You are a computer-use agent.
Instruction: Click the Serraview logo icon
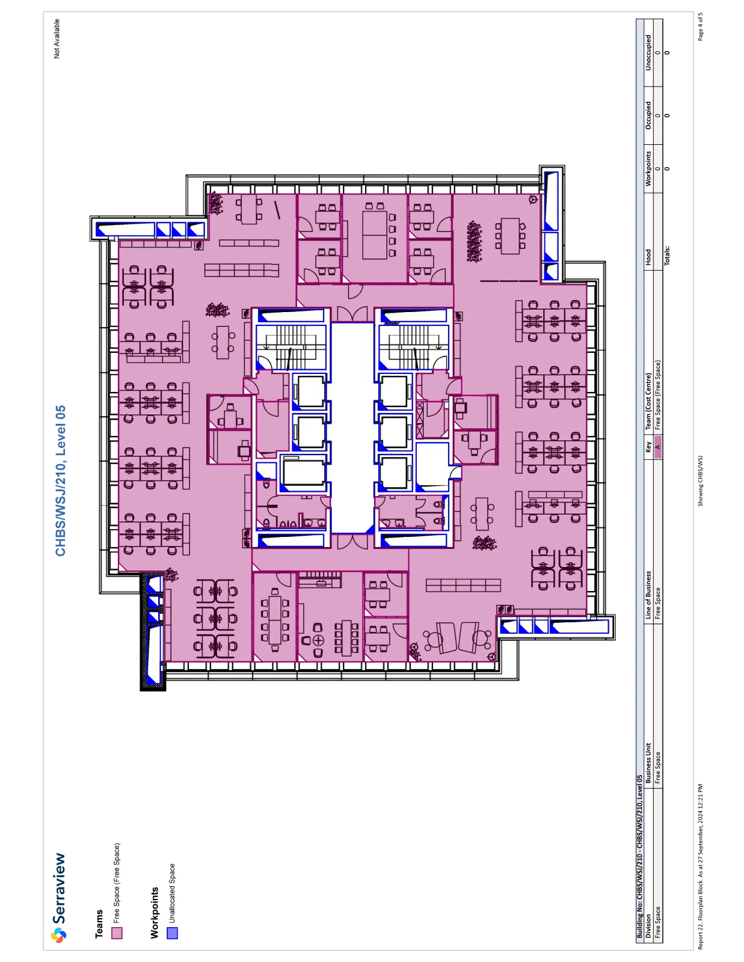pos(58,936)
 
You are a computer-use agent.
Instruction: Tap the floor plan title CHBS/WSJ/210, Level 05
pos(60,481)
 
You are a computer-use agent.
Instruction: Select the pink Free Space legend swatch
pos(117,933)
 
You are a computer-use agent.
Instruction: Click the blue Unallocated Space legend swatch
pos(172,933)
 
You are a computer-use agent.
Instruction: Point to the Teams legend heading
pos(99,924)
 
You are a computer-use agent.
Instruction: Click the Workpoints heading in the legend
pos(154,913)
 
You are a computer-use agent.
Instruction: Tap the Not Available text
pos(57,38)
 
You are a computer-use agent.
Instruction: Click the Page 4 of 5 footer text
pos(700,26)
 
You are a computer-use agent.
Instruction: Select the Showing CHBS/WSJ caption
pos(700,481)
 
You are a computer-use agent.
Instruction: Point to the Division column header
pos(648,926)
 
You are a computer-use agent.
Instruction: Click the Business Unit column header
pos(648,763)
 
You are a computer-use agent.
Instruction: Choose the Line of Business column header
pos(648,595)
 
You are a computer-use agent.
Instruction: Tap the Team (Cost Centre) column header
pos(648,401)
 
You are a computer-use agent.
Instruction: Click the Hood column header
pos(648,257)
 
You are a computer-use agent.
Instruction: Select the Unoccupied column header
pos(648,53)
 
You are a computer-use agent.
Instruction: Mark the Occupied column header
pos(648,115)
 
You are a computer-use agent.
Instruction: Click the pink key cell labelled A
pos(658,447)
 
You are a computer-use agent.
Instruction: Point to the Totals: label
pos(667,256)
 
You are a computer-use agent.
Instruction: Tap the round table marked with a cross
pos(318,640)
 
